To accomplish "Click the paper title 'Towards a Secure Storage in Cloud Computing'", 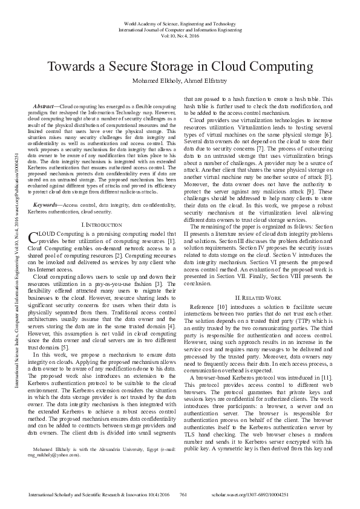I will point(180,66).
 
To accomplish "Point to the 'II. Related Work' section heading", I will point(258,299).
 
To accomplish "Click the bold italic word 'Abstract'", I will point(43,106).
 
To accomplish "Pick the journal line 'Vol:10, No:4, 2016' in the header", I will point(180,36).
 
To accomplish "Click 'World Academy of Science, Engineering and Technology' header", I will point(180,22).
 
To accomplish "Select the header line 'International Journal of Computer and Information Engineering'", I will point(180,29).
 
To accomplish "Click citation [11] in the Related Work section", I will point(327,377).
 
